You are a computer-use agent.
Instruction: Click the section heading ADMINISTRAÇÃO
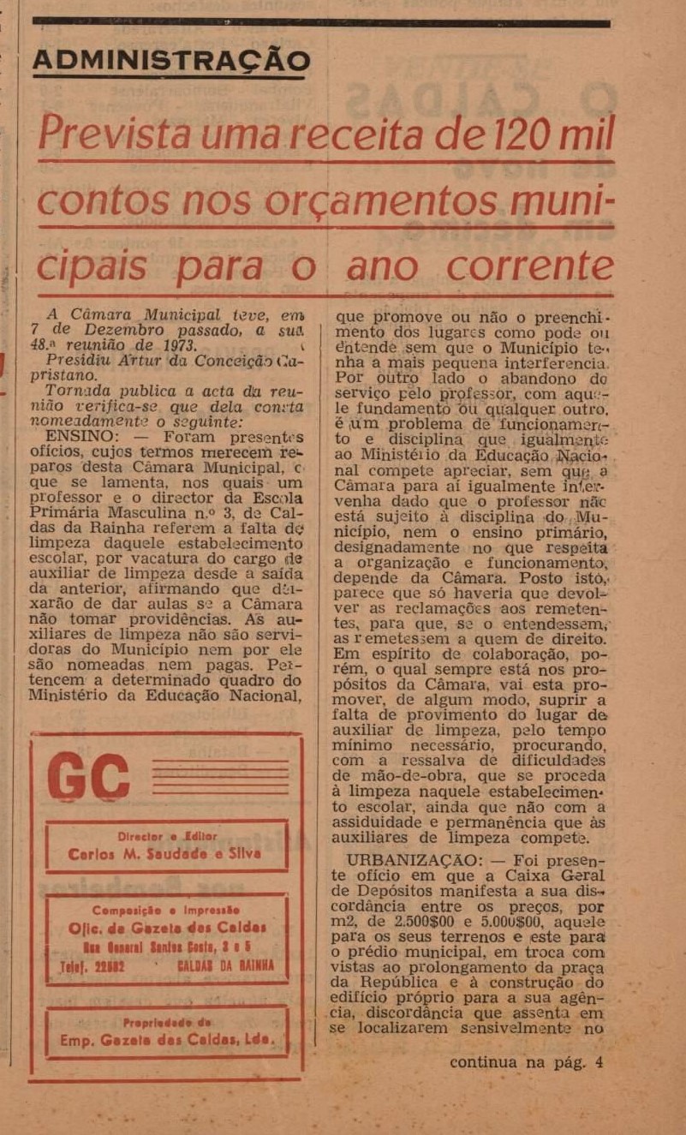point(171,61)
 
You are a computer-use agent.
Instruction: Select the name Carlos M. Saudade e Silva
point(165,854)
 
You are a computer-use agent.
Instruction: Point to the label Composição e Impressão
point(166,910)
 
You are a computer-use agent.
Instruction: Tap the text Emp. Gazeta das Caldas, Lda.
point(167,1040)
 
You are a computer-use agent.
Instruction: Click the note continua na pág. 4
point(526,1063)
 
